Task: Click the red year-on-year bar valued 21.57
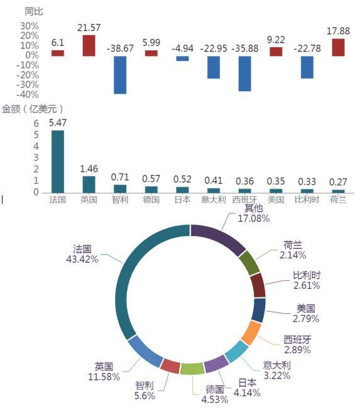(x=89, y=45)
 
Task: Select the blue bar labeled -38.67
(x=120, y=75)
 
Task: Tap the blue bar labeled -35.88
(x=245, y=74)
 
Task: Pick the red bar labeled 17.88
(x=338, y=47)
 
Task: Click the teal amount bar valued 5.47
(x=58, y=162)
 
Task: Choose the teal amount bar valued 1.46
(x=89, y=184)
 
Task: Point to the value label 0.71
(x=120, y=177)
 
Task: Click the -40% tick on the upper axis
(x=28, y=94)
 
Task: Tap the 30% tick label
(x=30, y=26)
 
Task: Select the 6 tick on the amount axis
(x=36, y=123)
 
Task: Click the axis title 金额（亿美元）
(x=33, y=109)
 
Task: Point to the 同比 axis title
(x=34, y=11)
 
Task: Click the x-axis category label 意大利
(x=214, y=199)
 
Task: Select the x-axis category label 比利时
(x=307, y=199)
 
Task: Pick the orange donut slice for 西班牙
(x=251, y=333)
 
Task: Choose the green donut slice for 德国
(x=192, y=369)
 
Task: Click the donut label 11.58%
(x=104, y=377)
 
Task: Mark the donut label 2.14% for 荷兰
(x=293, y=255)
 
